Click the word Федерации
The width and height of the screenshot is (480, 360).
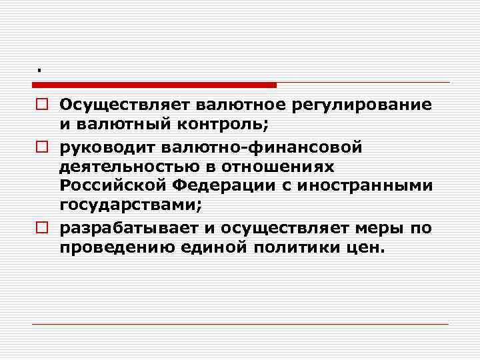click(x=217, y=185)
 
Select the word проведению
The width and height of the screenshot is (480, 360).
click(x=108, y=248)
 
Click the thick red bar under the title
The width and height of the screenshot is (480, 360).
click(x=154, y=85)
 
